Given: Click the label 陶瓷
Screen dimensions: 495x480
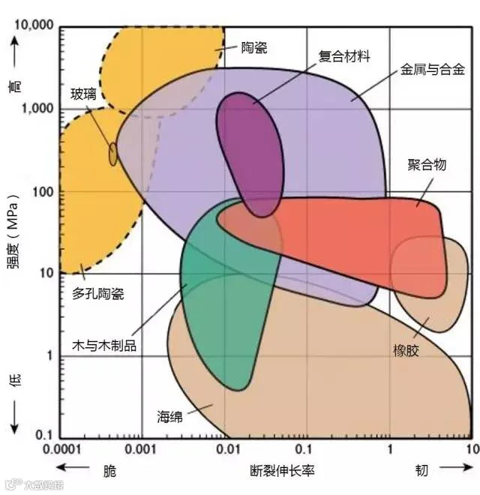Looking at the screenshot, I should pyautogui.click(x=254, y=47).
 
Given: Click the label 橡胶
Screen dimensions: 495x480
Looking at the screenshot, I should pyautogui.click(x=406, y=350).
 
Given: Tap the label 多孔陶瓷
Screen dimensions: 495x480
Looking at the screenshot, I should pyautogui.click(x=97, y=293).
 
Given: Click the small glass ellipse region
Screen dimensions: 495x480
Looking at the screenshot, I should pyautogui.click(x=113, y=154).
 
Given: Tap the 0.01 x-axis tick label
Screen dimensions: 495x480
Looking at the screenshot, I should pyautogui.click(x=225, y=449).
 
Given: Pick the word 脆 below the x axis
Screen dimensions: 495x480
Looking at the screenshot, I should pyautogui.click(x=110, y=471).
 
